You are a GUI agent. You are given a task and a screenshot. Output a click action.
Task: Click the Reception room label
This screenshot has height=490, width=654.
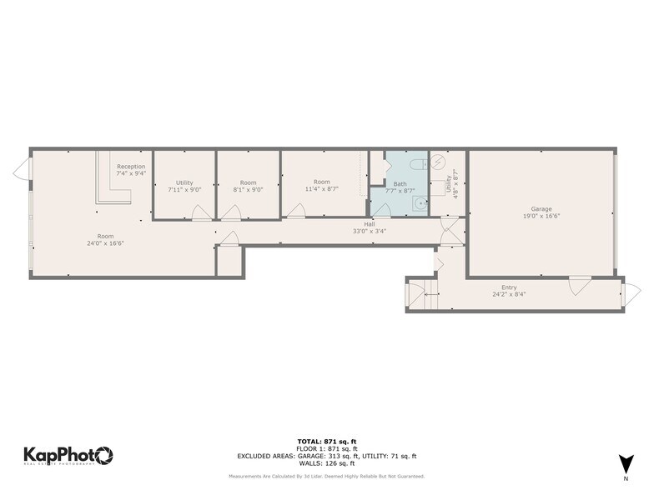pyautogui.click(x=131, y=167)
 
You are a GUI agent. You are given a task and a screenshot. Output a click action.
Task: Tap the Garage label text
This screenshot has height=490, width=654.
pyautogui.click(x=541, y=209)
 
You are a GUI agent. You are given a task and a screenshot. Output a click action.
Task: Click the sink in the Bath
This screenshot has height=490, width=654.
pyautogui.click(x=420, y=202)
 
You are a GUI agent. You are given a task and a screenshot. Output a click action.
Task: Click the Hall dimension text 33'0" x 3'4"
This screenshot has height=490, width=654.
pyautogui.click(x=369, y=231)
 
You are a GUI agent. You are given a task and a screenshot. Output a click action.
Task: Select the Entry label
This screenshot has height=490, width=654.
pyautogui.click(x=508, y=287)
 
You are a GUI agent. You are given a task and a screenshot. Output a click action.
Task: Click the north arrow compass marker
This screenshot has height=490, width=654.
pyautogui.click(x=625, y=464)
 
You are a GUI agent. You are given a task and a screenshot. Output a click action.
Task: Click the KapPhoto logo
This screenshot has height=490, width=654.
pyautogui.click(x=68, y=455)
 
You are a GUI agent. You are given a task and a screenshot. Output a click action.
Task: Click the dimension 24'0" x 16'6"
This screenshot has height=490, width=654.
pyautogui.click(x=105, y=243)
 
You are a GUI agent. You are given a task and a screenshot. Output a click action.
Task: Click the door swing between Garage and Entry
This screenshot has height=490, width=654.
pyautogui.click(x=579, y=285)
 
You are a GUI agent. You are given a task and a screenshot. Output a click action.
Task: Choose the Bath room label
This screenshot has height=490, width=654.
pyautogui.click(x=400, y=183)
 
